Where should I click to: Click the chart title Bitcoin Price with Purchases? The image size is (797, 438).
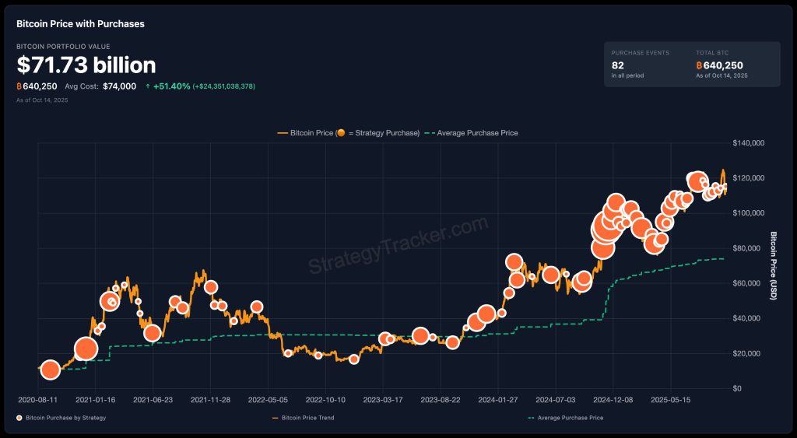point(80,24)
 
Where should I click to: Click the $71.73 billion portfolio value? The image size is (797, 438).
point(86,65)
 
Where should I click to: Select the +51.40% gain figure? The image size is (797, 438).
point(172,86)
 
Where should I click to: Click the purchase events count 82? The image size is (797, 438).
point(618,65)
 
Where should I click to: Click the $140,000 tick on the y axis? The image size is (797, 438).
point(750,143)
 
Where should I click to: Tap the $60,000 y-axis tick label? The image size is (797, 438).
point(748,283)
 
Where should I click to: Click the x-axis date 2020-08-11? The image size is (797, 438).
point(37,400)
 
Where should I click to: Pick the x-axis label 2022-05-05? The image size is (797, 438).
point(268,400)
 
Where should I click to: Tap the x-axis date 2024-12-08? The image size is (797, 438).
point(613,400)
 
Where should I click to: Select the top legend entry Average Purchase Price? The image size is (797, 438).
point(477,133)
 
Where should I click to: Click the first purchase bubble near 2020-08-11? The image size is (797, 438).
point(50,370)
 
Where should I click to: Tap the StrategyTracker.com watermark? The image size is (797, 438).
point(398,246)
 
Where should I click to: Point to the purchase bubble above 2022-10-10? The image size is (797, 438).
point(318,356)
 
